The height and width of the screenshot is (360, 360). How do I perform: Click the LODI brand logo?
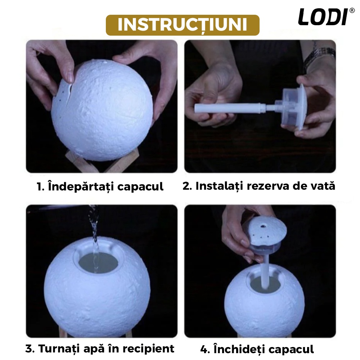pos(324,17)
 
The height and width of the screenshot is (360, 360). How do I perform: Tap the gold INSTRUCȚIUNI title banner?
pos(183,25)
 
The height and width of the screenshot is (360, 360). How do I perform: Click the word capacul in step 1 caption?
pos(140,186)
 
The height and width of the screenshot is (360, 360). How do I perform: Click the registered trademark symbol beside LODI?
pos(352,10)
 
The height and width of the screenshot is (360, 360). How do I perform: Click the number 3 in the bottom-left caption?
pos(30,349)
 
